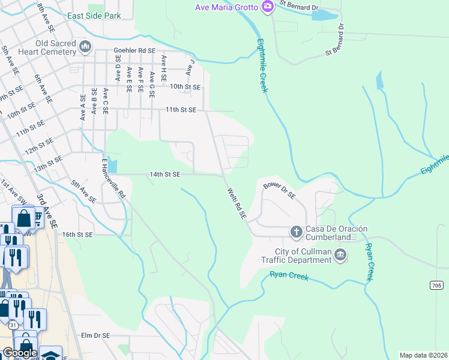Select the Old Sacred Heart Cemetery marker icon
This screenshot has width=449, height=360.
[x=85, y=46]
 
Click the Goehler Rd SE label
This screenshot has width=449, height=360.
[x=135, y=52]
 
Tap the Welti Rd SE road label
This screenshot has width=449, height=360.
[x=237, y=203]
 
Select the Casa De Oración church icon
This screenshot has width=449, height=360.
[x=295, y=231]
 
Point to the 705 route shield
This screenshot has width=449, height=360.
[x=437, y=286]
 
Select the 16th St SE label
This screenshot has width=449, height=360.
[x=77, y=235]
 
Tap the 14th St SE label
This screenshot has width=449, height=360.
[x=165, y=174]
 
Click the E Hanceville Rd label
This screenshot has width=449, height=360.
[x=113, y=178]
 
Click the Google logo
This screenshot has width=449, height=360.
[x=19, y=353]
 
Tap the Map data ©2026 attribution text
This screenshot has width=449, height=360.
[x=423, y=355]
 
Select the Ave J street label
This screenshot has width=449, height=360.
[x=191, y=66]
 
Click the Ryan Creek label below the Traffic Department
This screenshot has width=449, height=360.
[x=289, y=276]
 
